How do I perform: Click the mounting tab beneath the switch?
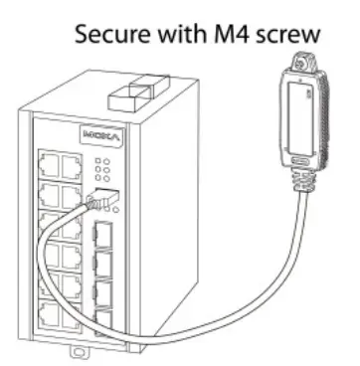pyautogui.click(x=73, y=352)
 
